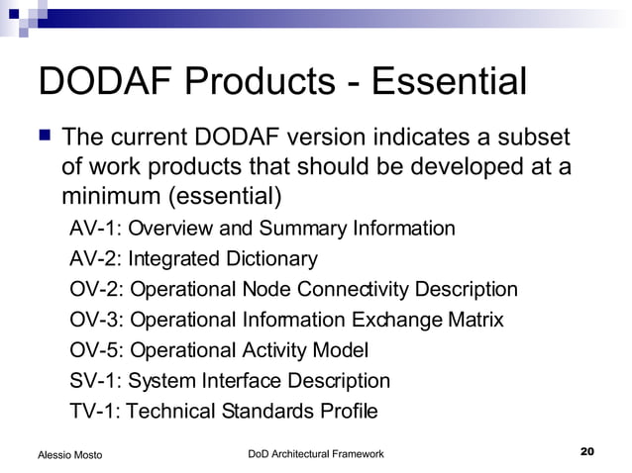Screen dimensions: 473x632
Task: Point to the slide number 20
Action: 585,452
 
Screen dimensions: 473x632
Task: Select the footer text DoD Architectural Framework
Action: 315,453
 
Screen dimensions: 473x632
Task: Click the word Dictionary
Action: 272,259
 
